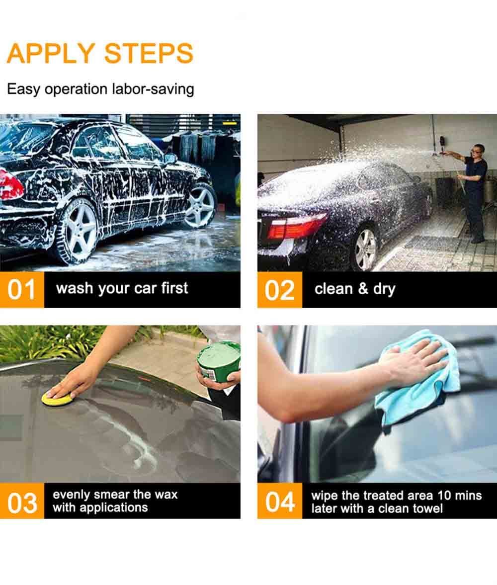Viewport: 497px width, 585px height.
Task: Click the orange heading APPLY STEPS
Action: (x=100, y=53)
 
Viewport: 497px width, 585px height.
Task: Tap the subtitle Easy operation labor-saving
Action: (x=100, y=89)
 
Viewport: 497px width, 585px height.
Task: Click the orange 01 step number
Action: (x=22, y=290)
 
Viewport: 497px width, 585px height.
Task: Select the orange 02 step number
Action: (x=279, y=290)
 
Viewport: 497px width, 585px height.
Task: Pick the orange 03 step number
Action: (x=22, y=501)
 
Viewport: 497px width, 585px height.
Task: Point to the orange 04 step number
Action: (x=279, y=501)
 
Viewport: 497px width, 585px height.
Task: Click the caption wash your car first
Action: (x=122, y=288)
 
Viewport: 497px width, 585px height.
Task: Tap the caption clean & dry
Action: (x=355, y=289)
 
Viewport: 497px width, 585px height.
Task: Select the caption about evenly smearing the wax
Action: (x=115, y=501)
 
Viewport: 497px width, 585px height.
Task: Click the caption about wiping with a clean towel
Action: (x=396, y=502)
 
